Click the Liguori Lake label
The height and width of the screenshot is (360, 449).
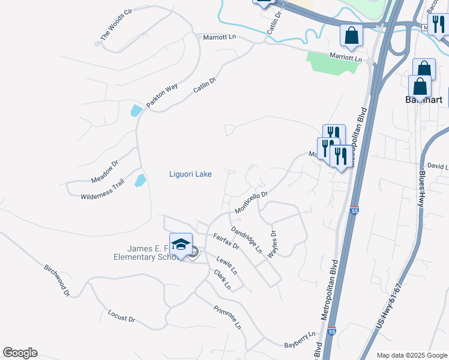click(x=189, y=174)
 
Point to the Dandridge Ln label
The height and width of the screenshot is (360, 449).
click(x=247, y=239)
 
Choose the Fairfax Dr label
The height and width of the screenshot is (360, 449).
click(x=226, y=241)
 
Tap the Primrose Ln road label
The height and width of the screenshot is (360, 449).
click(x=228, y=317)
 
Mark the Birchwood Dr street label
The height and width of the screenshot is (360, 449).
click(x=58, y=280)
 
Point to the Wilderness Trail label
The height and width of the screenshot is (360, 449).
click(x=102, y=188)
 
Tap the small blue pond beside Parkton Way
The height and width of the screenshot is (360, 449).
click(x=137, y=111)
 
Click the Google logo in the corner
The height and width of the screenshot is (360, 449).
click(x=20, y=353)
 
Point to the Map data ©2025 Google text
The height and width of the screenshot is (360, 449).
click(x=411, y=355)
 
